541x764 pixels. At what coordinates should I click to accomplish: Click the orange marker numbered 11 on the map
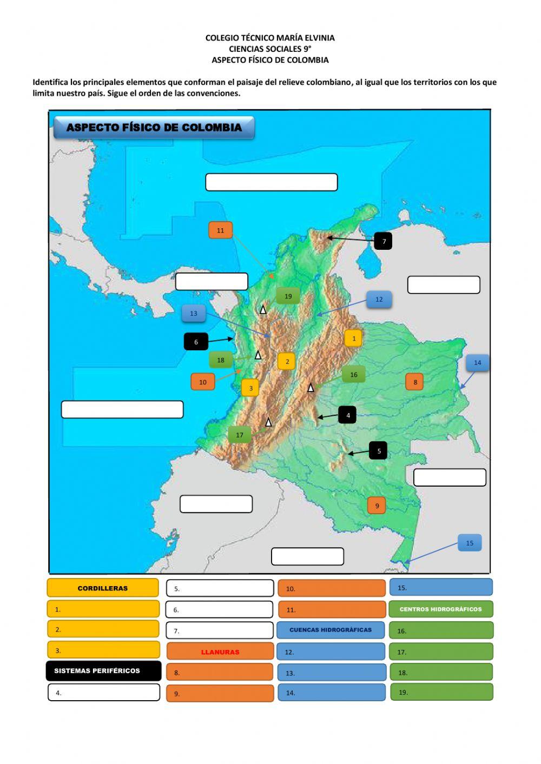220,230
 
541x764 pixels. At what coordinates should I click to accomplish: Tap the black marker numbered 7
384,241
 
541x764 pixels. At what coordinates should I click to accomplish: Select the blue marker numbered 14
477,363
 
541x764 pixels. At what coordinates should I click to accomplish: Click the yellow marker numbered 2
287,361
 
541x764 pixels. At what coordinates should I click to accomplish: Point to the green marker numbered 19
288,296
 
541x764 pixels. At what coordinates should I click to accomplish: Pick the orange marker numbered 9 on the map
377,506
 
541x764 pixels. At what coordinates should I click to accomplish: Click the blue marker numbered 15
469,543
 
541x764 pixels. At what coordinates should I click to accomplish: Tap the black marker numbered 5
379,450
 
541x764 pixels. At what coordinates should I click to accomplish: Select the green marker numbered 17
240,435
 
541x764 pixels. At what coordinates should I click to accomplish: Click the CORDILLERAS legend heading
103,588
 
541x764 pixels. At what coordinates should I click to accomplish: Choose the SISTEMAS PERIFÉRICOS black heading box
103,670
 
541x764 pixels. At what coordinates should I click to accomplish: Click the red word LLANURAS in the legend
220,652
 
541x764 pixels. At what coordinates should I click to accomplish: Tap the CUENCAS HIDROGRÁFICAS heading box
331,630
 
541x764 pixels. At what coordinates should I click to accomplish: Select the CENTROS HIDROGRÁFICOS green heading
440,609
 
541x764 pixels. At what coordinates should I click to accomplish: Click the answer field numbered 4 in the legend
104,693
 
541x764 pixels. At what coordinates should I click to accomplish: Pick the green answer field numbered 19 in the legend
441,692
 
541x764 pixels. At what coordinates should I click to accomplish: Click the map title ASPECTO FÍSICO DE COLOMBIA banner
154,128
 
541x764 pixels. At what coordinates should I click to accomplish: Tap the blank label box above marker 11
271,182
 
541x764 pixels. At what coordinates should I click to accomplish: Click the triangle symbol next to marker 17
268,422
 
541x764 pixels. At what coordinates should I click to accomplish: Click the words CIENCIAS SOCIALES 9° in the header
270,49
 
